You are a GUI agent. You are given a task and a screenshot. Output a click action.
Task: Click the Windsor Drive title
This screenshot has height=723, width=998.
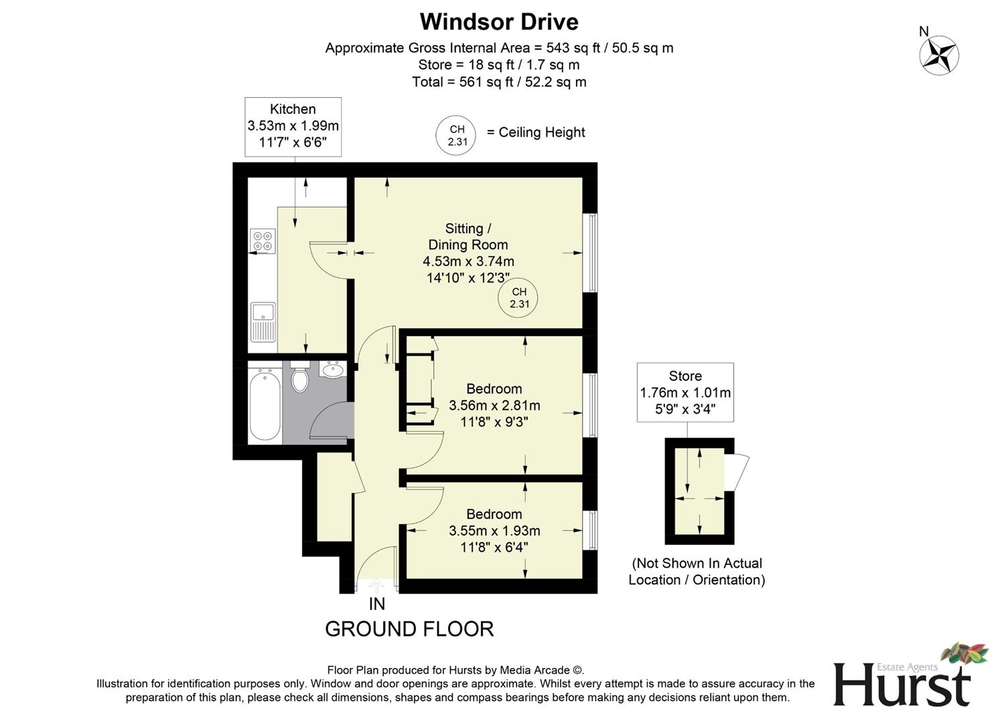pos(499,22)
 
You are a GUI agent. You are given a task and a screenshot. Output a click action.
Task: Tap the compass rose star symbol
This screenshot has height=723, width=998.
pos(939,55)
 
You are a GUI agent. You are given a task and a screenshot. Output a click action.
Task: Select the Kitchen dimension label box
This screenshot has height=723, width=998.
pos(293,127)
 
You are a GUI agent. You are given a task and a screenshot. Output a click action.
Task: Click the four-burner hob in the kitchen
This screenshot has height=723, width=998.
pos(263,241)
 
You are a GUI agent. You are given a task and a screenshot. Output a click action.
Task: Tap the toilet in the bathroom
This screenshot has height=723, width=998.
pos(299,378)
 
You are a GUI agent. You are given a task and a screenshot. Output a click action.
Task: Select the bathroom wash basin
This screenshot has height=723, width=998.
pos(332,369)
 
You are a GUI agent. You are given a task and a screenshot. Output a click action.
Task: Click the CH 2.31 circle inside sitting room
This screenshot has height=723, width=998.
pos(518,298)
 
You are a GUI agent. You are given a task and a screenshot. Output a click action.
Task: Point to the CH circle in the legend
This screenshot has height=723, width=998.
pos(457,135)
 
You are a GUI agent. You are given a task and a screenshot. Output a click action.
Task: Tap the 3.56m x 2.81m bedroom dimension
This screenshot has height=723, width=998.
pos(494,405)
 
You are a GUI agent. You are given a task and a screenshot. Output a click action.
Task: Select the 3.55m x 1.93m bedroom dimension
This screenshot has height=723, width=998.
pos(494,530)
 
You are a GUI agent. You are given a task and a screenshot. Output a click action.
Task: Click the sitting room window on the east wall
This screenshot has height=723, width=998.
pos(590,252)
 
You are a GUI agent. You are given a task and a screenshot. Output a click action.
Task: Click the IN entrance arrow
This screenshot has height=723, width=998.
pos(377,586)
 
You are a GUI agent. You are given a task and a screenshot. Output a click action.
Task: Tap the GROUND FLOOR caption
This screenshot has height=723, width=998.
pos(409,629)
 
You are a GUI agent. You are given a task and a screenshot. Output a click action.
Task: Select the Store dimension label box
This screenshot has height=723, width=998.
pos(685,392)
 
